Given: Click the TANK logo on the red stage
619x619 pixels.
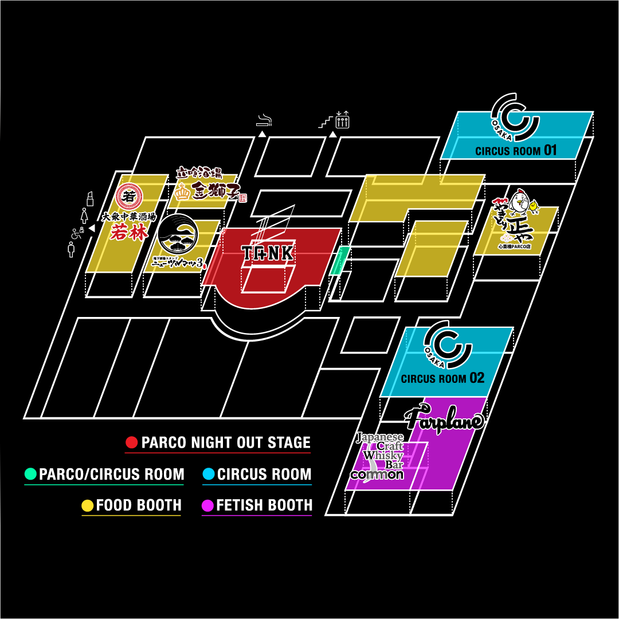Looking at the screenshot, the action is [268, 253].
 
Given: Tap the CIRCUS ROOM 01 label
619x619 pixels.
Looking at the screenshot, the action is [516, 151].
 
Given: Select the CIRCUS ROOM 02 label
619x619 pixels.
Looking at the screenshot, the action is [442, 378].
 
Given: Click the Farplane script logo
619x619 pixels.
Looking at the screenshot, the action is [445, 418].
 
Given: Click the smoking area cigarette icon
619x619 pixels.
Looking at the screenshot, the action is [264, 120].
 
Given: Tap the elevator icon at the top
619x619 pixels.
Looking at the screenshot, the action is [342, 120].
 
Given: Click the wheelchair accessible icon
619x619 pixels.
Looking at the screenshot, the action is [75, 234].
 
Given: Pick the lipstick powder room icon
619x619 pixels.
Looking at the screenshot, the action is [89, 199].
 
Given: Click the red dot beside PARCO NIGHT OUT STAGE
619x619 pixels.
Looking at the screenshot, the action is [131, 442].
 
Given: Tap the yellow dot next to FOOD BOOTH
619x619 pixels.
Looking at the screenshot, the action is [87, 506].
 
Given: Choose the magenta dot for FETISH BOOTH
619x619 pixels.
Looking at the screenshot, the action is [207, 506].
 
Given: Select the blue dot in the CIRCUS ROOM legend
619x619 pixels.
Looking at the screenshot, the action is [208, 474].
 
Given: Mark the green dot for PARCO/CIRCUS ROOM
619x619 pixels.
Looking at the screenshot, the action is [30, 474].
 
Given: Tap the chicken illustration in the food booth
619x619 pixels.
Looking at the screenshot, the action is [519, 202].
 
